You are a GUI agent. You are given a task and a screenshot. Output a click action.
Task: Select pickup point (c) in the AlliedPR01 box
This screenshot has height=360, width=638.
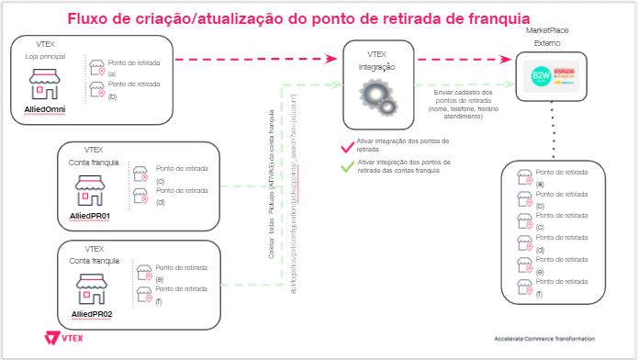click(170, 174)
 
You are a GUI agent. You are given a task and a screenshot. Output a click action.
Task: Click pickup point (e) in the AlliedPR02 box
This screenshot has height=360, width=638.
click(170, 273)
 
